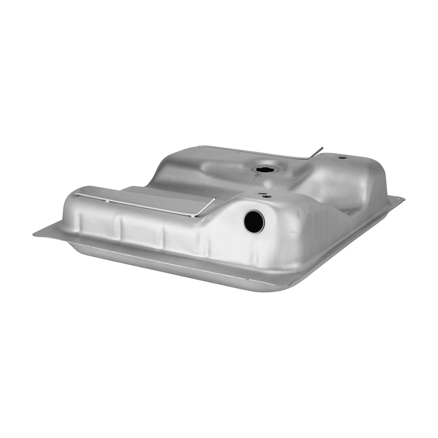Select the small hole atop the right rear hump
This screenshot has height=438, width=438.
(341, 158)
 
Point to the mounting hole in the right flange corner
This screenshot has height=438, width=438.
(398, 198)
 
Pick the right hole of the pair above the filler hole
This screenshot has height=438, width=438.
(268, 196)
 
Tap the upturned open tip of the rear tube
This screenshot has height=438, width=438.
(321, 149)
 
